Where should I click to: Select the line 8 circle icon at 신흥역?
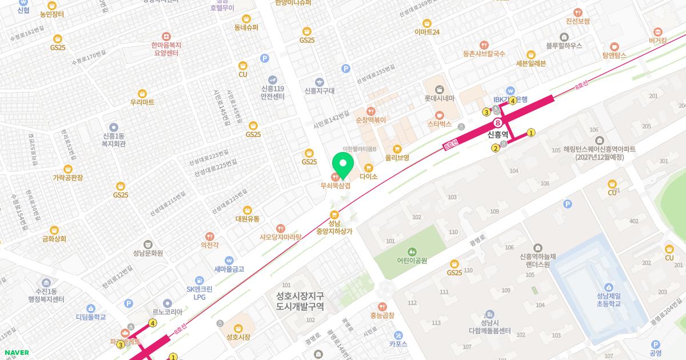[498, 123]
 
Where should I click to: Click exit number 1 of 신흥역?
[531, 133]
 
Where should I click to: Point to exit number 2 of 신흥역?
[496, 148]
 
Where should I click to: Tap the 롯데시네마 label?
[439, 98]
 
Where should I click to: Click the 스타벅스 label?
[439, 123]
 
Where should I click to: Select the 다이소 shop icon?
[369, 168]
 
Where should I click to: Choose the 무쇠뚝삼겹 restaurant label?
[335, 185]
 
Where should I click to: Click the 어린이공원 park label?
[412, 260]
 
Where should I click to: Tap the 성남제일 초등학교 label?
[608, 299]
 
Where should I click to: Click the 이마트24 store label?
[427, 32]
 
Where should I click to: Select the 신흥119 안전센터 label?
[273, 93]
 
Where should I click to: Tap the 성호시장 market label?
[238, 337]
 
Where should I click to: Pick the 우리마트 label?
[142, 102]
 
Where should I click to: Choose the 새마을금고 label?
[229, 269]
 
